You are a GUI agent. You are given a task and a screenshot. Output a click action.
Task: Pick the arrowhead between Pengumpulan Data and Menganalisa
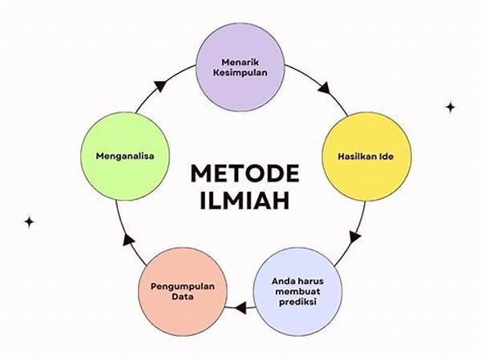125,240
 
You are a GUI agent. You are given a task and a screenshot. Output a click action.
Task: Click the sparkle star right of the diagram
451,106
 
